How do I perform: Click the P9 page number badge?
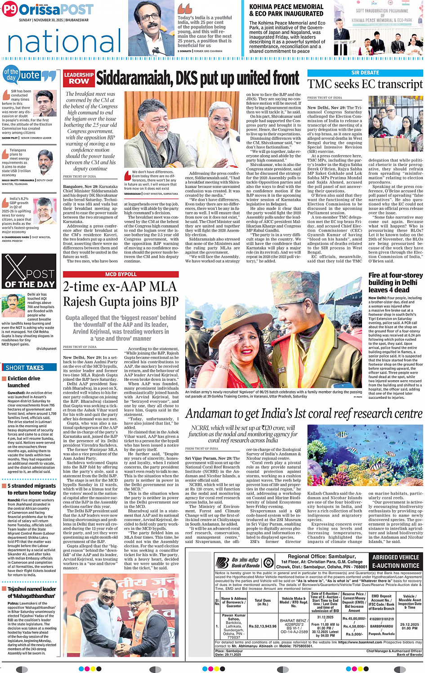point(10,9)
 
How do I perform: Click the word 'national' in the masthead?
point(64,41)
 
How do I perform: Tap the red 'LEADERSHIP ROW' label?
point(79,78)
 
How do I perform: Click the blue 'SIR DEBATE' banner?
point(365,72)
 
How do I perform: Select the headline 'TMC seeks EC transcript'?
point(365,84)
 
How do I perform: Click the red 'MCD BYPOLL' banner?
point(121,274)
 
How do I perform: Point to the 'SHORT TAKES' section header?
point(25,368)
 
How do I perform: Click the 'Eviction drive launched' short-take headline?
point(23,382)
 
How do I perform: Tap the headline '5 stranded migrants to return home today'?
point(31,489)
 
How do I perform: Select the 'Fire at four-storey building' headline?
point(395,282)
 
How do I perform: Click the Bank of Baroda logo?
point(238,562)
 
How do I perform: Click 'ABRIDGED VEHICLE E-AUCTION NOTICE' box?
point(396,562)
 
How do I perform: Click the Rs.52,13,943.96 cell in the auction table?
point(263,626)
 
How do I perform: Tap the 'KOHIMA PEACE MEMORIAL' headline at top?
point(286,10)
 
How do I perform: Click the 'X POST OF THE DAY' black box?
point(29,271)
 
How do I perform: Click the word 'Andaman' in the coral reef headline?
point(210,414)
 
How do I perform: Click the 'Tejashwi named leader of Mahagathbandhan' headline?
point(31,593)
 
